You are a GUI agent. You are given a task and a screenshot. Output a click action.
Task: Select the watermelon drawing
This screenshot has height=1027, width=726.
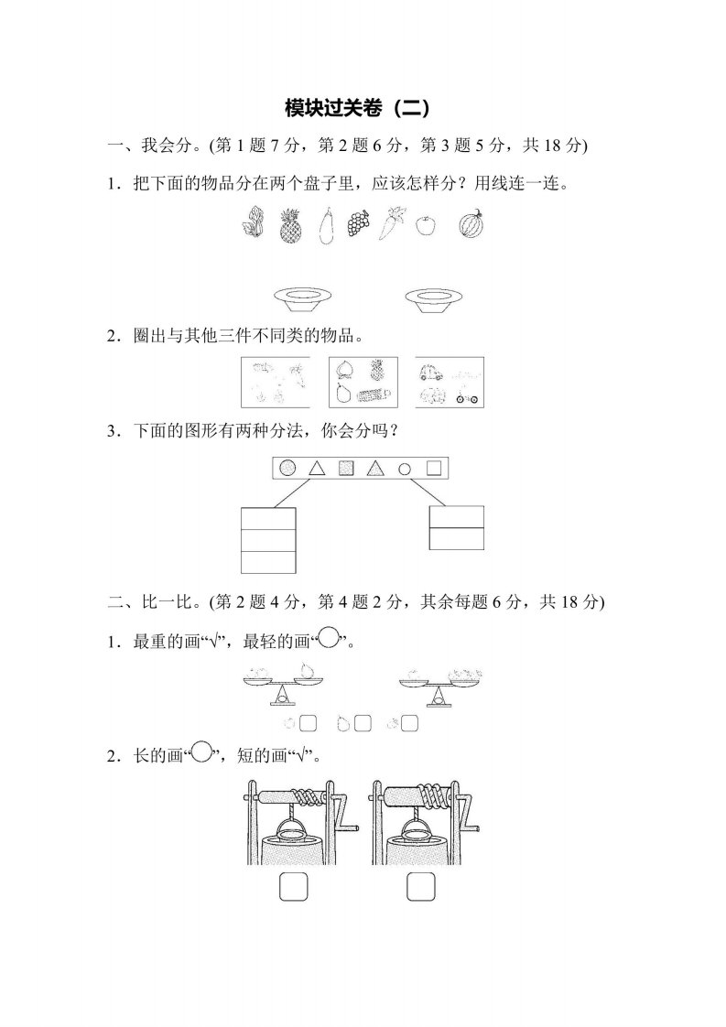471,223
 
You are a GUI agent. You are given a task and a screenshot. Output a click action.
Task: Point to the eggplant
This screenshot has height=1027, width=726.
326,226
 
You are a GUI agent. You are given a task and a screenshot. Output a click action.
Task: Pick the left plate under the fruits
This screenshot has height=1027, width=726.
303,298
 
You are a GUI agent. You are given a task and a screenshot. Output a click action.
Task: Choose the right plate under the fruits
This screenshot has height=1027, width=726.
435,298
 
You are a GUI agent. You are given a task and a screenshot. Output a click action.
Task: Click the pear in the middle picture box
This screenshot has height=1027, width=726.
342,393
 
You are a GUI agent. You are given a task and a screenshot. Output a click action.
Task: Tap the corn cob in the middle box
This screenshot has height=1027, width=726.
374,395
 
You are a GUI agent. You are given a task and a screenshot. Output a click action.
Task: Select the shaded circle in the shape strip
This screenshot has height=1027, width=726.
287,468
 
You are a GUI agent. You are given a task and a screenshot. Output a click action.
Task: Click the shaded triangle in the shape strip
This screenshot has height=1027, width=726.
374,469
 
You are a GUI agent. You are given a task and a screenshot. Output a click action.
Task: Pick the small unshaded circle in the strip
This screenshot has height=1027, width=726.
405,469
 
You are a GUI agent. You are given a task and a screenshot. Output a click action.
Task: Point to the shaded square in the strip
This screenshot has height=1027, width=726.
346,469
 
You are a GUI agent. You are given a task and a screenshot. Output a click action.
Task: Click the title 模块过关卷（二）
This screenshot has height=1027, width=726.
358,108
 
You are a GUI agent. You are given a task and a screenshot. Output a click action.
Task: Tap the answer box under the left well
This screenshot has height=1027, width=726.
294,887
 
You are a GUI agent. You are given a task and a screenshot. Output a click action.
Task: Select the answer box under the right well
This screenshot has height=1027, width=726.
420,887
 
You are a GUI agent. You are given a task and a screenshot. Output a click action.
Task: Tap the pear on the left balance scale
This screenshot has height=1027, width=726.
306,670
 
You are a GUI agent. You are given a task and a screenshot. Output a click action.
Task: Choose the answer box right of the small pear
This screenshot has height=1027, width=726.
363,724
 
